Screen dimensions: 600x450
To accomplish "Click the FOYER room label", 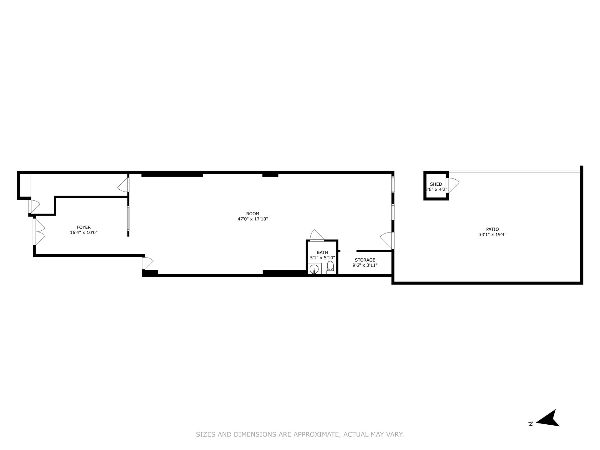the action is pyautogui.click(x=84, y=227).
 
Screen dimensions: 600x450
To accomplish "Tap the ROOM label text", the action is pyautogui.click(x=253, y=214).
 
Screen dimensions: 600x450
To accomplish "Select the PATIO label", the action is pyautogui.click(x=492, y=229).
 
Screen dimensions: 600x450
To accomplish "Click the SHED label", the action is pyautogui.click(x=436, y=184).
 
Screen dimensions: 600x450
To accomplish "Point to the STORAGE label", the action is pyautogui.click(x=365, y=260).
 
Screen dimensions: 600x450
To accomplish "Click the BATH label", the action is pyautogui.click(x=322, y=252).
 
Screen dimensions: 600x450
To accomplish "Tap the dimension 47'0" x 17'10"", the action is pyautogui.click(x=253, y=219).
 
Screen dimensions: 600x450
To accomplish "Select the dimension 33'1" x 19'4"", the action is pyautogui.click(x=492, y=235).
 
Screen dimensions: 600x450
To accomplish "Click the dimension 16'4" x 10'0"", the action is pyautogui.click(x=84, y=232).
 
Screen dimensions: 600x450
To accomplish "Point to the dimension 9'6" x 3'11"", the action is pyautogui.click(x=365, y=265).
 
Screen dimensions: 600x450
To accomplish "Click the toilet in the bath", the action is pyautogui.click(x=330, y=267).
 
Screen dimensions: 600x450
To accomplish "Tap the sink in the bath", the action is pyautogui.click(x=314, y=269).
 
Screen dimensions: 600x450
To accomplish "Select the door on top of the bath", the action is pyautogui.click(x=316, y=235).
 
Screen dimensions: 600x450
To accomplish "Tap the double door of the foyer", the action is pyautogui.click(x=39, y=232).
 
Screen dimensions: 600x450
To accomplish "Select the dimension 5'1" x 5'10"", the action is pyautogui.click(x=322, y=258).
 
